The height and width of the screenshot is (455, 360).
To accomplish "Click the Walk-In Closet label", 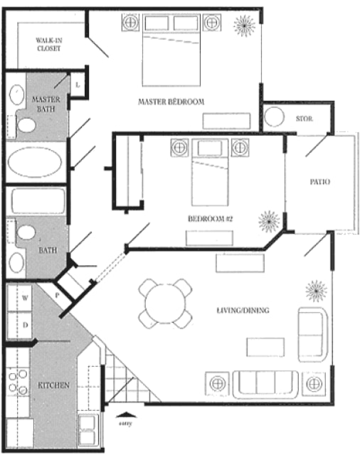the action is click(49, 44).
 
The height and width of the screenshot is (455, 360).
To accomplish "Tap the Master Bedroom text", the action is click(171, 102).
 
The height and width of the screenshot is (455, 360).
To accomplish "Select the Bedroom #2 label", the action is click(210, 218).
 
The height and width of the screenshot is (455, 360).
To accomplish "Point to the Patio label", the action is click(320, 182).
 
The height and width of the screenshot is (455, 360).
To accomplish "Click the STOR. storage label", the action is click(305, 119).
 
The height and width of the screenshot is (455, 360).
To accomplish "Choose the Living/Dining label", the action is click(243, 310).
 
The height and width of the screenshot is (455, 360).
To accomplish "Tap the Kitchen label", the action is click(53, 385).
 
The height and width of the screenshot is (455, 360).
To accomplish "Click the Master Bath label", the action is click(46, 105).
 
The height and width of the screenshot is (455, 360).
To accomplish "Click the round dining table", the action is click(165, 304).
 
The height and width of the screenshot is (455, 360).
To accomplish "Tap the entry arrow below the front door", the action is click(126, 415).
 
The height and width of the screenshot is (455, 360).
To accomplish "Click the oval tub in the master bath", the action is click(35, 162).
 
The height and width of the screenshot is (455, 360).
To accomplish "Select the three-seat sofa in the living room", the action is click(265, 384).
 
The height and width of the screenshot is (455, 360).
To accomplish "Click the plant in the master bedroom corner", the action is click(245, 26).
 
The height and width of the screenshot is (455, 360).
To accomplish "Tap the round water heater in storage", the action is click(274, 117).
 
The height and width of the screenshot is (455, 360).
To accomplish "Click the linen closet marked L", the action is click(78, 85).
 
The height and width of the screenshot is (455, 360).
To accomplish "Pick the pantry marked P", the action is click(57, 296).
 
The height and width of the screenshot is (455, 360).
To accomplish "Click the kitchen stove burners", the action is click(18, 382).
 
